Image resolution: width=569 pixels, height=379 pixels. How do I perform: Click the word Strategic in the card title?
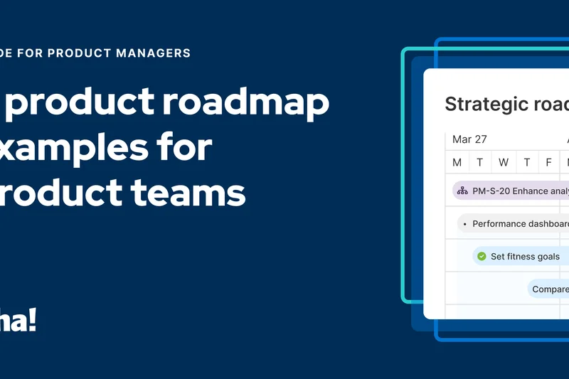(x=484, y=104)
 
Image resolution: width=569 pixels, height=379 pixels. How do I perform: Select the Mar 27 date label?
(x=469, y=139)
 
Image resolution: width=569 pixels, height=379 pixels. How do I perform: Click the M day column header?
(x=457, y=163)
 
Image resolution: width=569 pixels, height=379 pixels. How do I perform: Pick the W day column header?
(x=504, y=163)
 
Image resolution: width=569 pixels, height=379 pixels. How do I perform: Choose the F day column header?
(x=548, y=163)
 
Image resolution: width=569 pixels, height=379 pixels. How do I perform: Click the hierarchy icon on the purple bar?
(x=462, y=191)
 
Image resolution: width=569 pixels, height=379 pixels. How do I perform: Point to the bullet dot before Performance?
(x=464, y=224)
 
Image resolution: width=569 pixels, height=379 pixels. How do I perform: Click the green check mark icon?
(x=482, y=256)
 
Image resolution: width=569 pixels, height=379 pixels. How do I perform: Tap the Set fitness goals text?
(x=525, y=256)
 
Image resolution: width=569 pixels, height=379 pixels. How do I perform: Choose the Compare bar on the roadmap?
(x=549, y=289)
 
